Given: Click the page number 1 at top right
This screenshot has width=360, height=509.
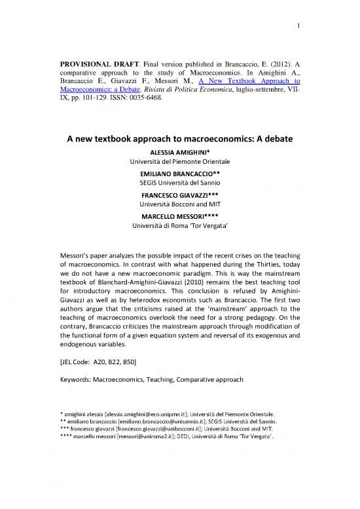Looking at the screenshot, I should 298,27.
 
